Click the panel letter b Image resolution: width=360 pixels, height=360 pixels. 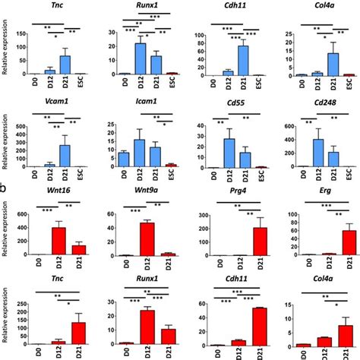(5, 185)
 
